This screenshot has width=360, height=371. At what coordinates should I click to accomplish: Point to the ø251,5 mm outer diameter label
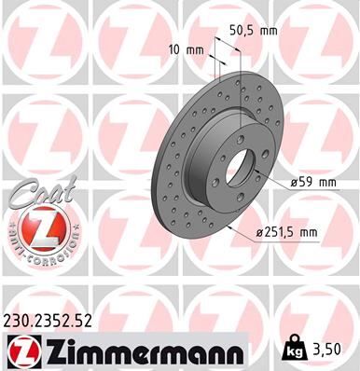click(x=300, y=231)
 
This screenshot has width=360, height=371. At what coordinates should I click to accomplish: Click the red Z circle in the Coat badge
click(x=35, y=227)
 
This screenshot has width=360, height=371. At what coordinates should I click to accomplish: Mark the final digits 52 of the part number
click(x=87, y=322)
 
